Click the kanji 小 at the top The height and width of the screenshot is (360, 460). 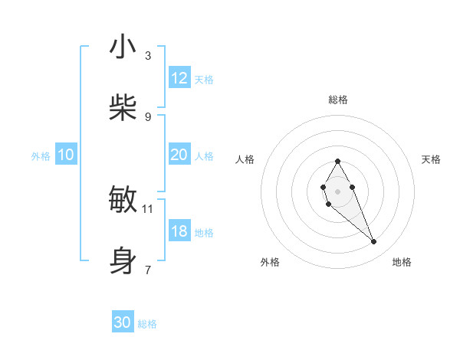(123, 47)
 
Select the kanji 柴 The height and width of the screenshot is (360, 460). (123, 107)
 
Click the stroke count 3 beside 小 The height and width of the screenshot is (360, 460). (148, 56)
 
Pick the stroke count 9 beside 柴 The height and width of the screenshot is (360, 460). (148, 116)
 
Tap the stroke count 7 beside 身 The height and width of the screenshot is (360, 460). (148, 270)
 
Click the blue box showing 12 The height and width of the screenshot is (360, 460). (179, 78)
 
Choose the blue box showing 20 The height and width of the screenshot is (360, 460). (179, 155)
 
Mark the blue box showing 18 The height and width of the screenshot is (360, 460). (179, 231)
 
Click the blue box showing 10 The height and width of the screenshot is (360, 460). (66, 155)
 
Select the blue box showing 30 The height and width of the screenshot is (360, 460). (123, 322)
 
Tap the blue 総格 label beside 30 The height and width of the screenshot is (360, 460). (147, 324)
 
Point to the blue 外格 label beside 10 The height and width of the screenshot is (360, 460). (41, 155)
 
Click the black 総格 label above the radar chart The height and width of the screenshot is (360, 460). (338, 100)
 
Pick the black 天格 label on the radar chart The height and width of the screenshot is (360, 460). (431, 159)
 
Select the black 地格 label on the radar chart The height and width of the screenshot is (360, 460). (402, 262)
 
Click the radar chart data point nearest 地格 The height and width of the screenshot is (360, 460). (374, 242)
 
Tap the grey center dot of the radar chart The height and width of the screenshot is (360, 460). (337, 190)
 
